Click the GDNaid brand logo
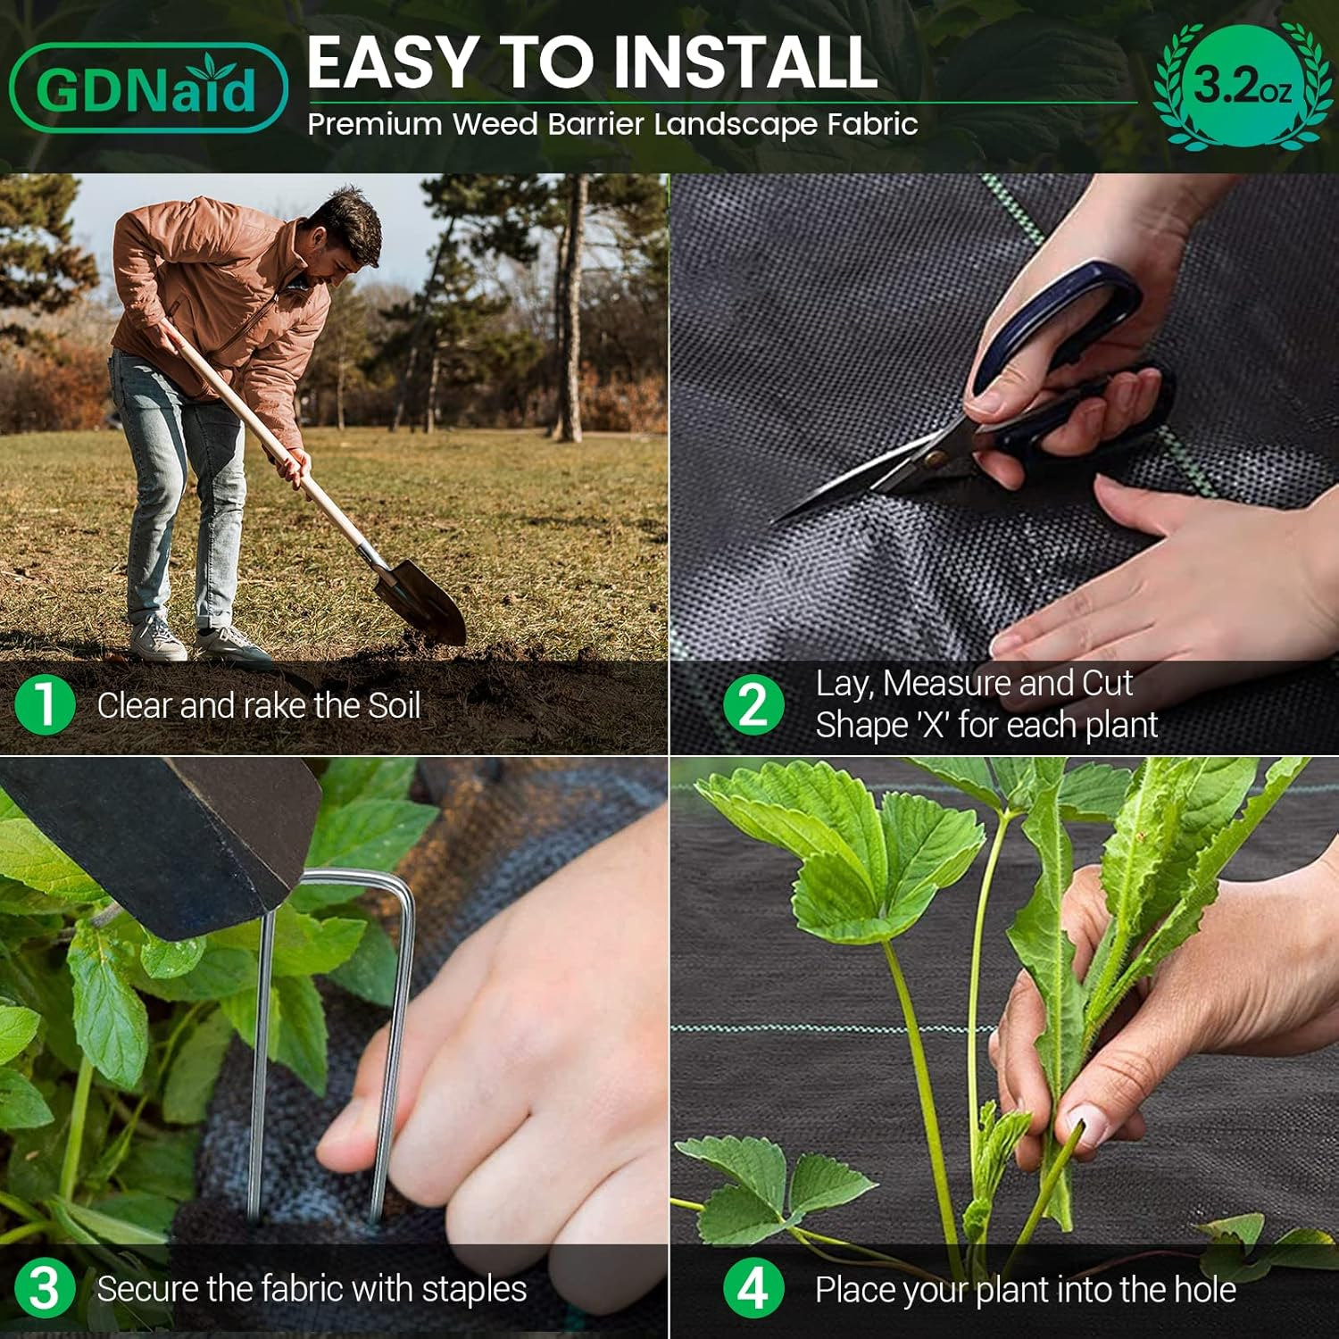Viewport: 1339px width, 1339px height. pyautogui.click(x=148, y=88)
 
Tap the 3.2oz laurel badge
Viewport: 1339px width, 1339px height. pyautogui.click(x=1242, y=87)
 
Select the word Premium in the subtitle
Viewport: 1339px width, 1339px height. pyautogui.click(x=375, y=124)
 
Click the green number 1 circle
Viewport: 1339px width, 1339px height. pyautogui.click(x=45, y=704)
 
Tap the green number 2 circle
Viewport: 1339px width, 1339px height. pyautogui.click(x=753, y=704)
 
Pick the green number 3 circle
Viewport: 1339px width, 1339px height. pyautogui.click(x=45, y=1289)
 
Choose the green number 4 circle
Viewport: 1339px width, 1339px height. pyautogui.click(x=753, y=1289)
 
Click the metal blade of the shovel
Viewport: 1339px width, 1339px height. pyautogui.click(x=426, y=599)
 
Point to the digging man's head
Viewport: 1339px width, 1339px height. pyautogui.click(x=344, y=232)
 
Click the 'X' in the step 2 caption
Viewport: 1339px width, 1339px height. pyautogui.click(x=932, y=725)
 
